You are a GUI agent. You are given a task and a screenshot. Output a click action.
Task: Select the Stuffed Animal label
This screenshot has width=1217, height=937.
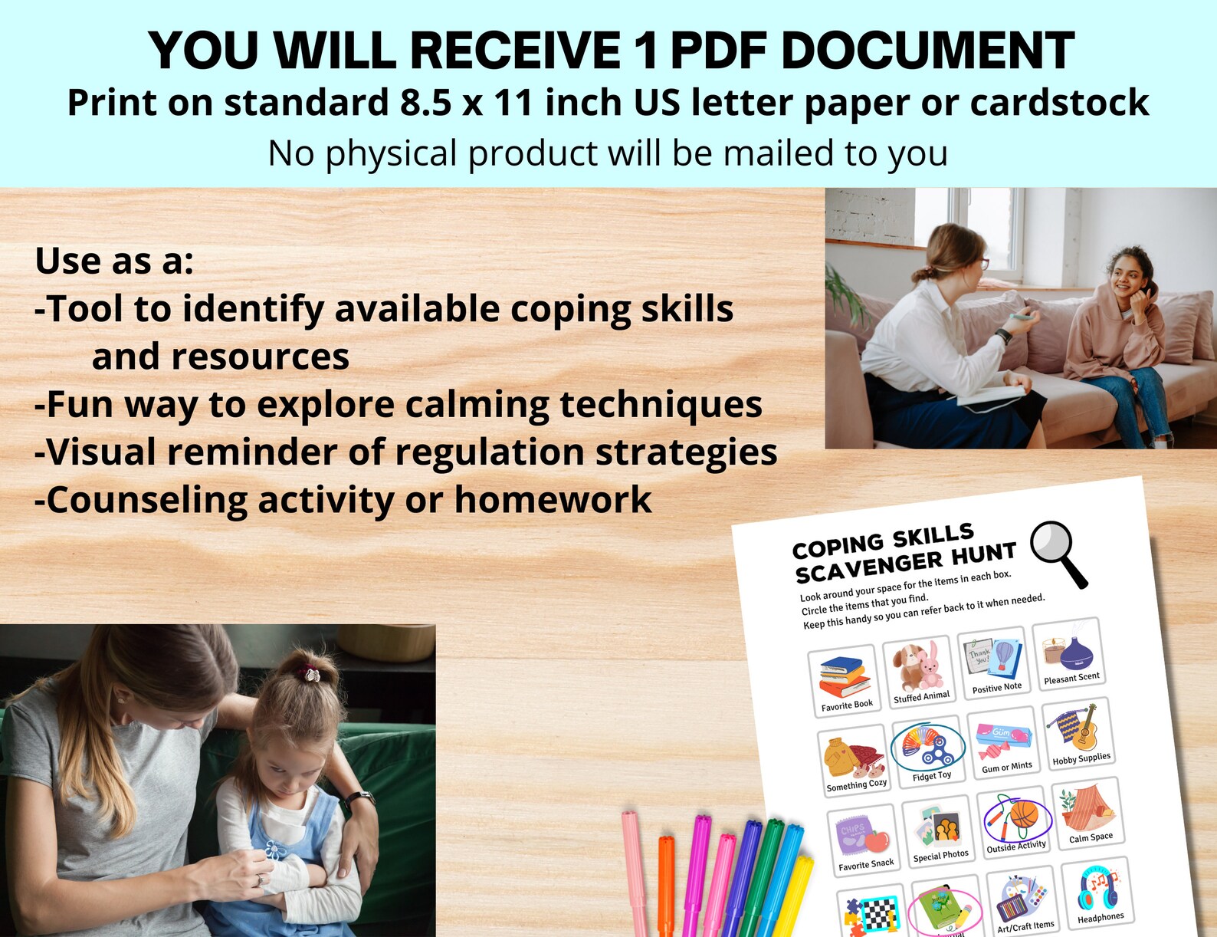point(921,696)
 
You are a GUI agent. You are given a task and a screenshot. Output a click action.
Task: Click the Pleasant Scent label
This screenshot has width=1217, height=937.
point(1071,678)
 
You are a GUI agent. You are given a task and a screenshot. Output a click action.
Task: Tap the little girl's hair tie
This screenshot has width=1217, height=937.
point(311,675)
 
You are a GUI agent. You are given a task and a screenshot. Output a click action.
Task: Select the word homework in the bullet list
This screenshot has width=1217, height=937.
point(553,500)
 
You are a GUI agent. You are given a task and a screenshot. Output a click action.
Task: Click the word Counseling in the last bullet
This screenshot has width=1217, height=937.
point(146,500)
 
